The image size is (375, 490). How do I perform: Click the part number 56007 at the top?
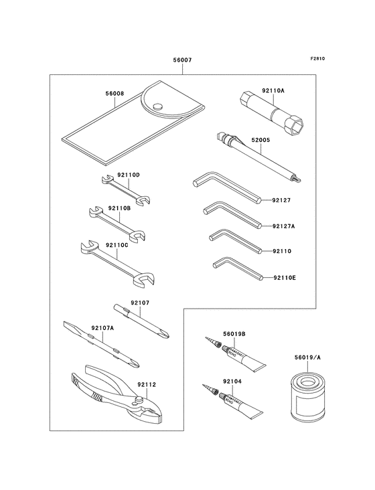click(x=183, y=60)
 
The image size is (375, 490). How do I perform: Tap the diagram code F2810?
click(x=317, y=58)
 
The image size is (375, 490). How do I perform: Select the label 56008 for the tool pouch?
click(x=115, y=94)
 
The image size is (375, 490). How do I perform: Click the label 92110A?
click(x=273, y=90)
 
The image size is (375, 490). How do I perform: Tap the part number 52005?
click(x=260, y=141)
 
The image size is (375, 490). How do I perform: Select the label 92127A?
click(x=283, y=226)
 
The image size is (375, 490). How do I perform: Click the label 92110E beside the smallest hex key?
click(x=285, y=277)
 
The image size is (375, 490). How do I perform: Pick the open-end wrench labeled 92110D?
click(x=127, y=191)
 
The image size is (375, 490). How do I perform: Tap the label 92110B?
click(x=119, y=208)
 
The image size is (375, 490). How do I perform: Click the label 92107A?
click(x=102, y=328)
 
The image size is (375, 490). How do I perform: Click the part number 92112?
click(x=146, y=385)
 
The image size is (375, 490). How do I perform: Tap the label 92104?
click(x=232, y=382)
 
